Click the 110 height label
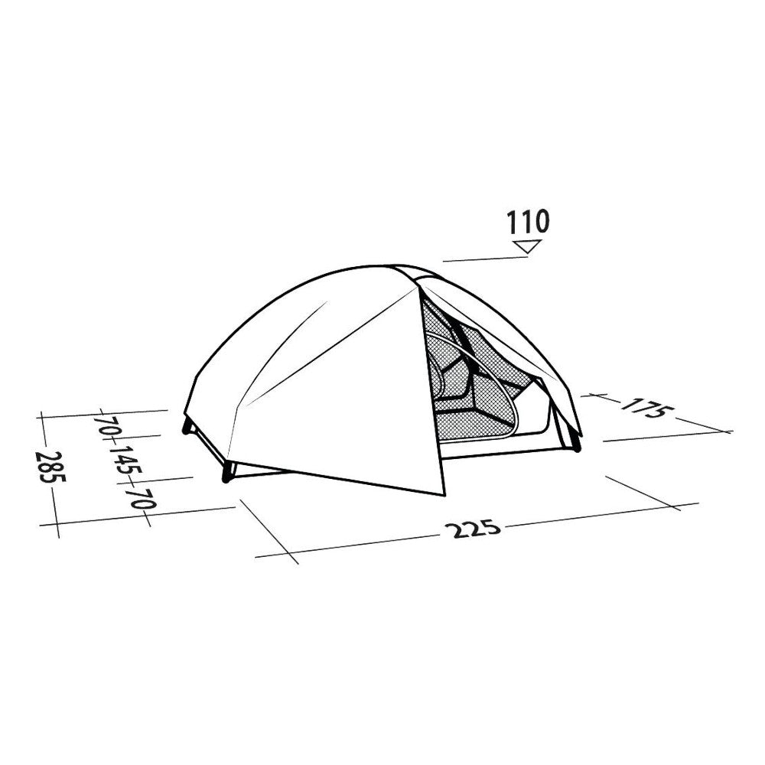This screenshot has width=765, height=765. click(x=528, y=222)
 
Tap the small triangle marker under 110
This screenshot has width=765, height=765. click(x=528, y=246)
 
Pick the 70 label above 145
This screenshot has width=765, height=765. click(x=108, y=425)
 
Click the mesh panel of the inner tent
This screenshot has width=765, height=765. click(x=474, y=390)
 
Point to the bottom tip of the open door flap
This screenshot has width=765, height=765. click(x=443, y=494)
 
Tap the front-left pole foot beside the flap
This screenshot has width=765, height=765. click(x=226, y=479)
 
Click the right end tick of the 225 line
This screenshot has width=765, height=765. click(x=676, y=506)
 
